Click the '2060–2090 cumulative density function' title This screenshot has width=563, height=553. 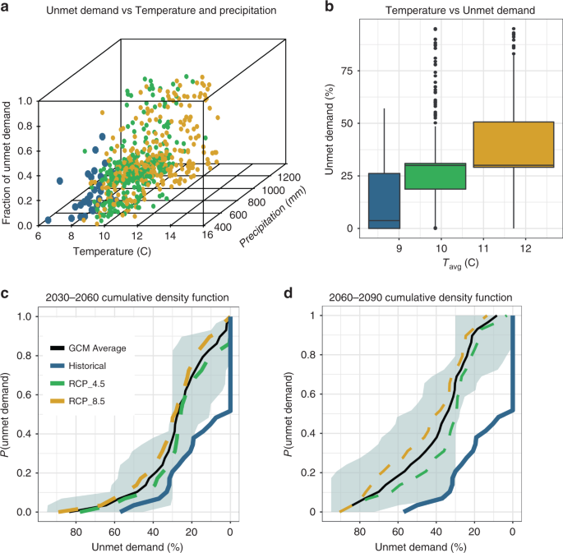[420, 297]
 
